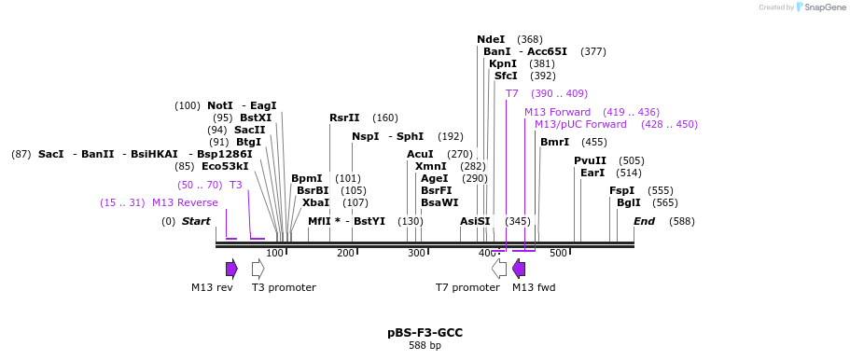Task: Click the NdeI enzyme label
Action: point(491,39)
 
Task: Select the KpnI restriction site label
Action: point(503,63)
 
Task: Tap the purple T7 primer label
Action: point(511,93)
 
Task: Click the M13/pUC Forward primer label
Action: point(580,124)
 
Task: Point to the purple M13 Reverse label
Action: point(185,202)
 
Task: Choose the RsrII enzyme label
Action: point(344,118)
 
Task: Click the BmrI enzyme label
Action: point(554,142)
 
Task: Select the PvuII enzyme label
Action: point(590,160)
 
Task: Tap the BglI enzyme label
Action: point(629,202)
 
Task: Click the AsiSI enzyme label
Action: point(475,221)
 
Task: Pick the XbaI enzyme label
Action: point(315,202)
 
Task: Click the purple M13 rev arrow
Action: point(231,269)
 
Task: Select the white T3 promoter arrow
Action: point(258,269)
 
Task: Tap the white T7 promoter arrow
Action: point(499,269)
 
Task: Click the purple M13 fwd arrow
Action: point(519,269)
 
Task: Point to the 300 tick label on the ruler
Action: point(416,254)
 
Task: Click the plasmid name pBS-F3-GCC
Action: point(425,332)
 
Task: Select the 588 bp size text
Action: point(425,346)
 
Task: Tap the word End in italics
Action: point(644,221)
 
